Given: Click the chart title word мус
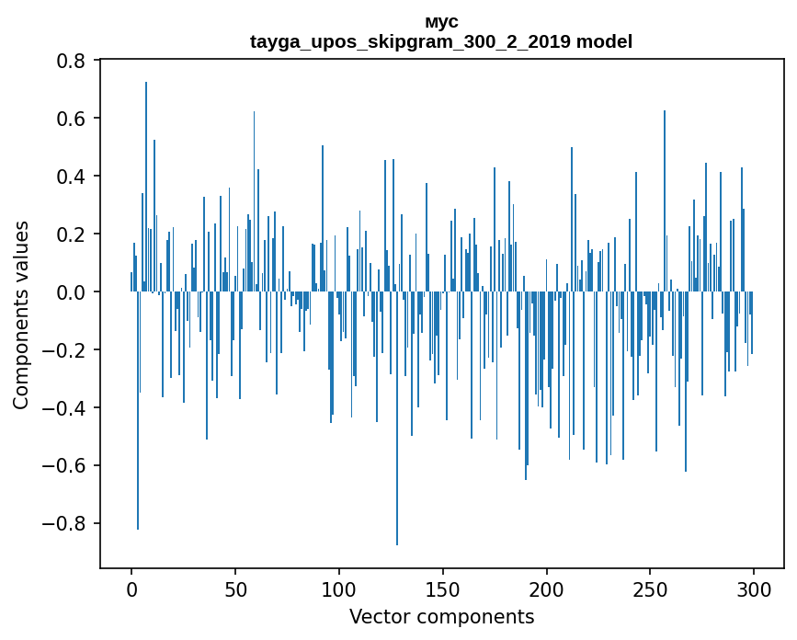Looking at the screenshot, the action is point(441,22).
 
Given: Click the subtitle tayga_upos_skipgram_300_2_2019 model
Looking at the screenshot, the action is point(441,41).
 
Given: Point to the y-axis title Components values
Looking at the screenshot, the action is point(20,315).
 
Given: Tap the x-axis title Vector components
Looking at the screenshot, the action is point(441,617).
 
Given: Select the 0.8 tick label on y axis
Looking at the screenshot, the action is point(71,61).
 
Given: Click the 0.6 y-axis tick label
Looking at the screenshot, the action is point(71,119).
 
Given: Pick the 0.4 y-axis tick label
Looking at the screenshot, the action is point(71,177).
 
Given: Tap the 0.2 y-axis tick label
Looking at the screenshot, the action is point(71,234).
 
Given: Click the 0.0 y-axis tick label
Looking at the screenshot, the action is point(71,292).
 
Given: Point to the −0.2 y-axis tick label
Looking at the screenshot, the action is point(63,350).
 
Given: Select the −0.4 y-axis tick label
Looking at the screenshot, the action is point(63,408).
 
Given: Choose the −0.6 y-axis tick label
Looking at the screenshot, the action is point(63,465).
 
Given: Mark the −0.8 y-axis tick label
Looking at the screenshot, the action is point(63,523).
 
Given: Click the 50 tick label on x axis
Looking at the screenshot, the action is point(235,590).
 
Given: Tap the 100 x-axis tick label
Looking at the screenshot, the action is point(339,590).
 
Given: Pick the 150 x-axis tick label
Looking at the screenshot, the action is point(443,590).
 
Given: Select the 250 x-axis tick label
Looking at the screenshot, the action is point(650,590).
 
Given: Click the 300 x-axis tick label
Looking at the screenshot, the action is point(754,590).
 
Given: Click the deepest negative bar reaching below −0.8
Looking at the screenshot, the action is point(397,418).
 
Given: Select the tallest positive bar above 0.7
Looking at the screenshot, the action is point(146,187).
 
